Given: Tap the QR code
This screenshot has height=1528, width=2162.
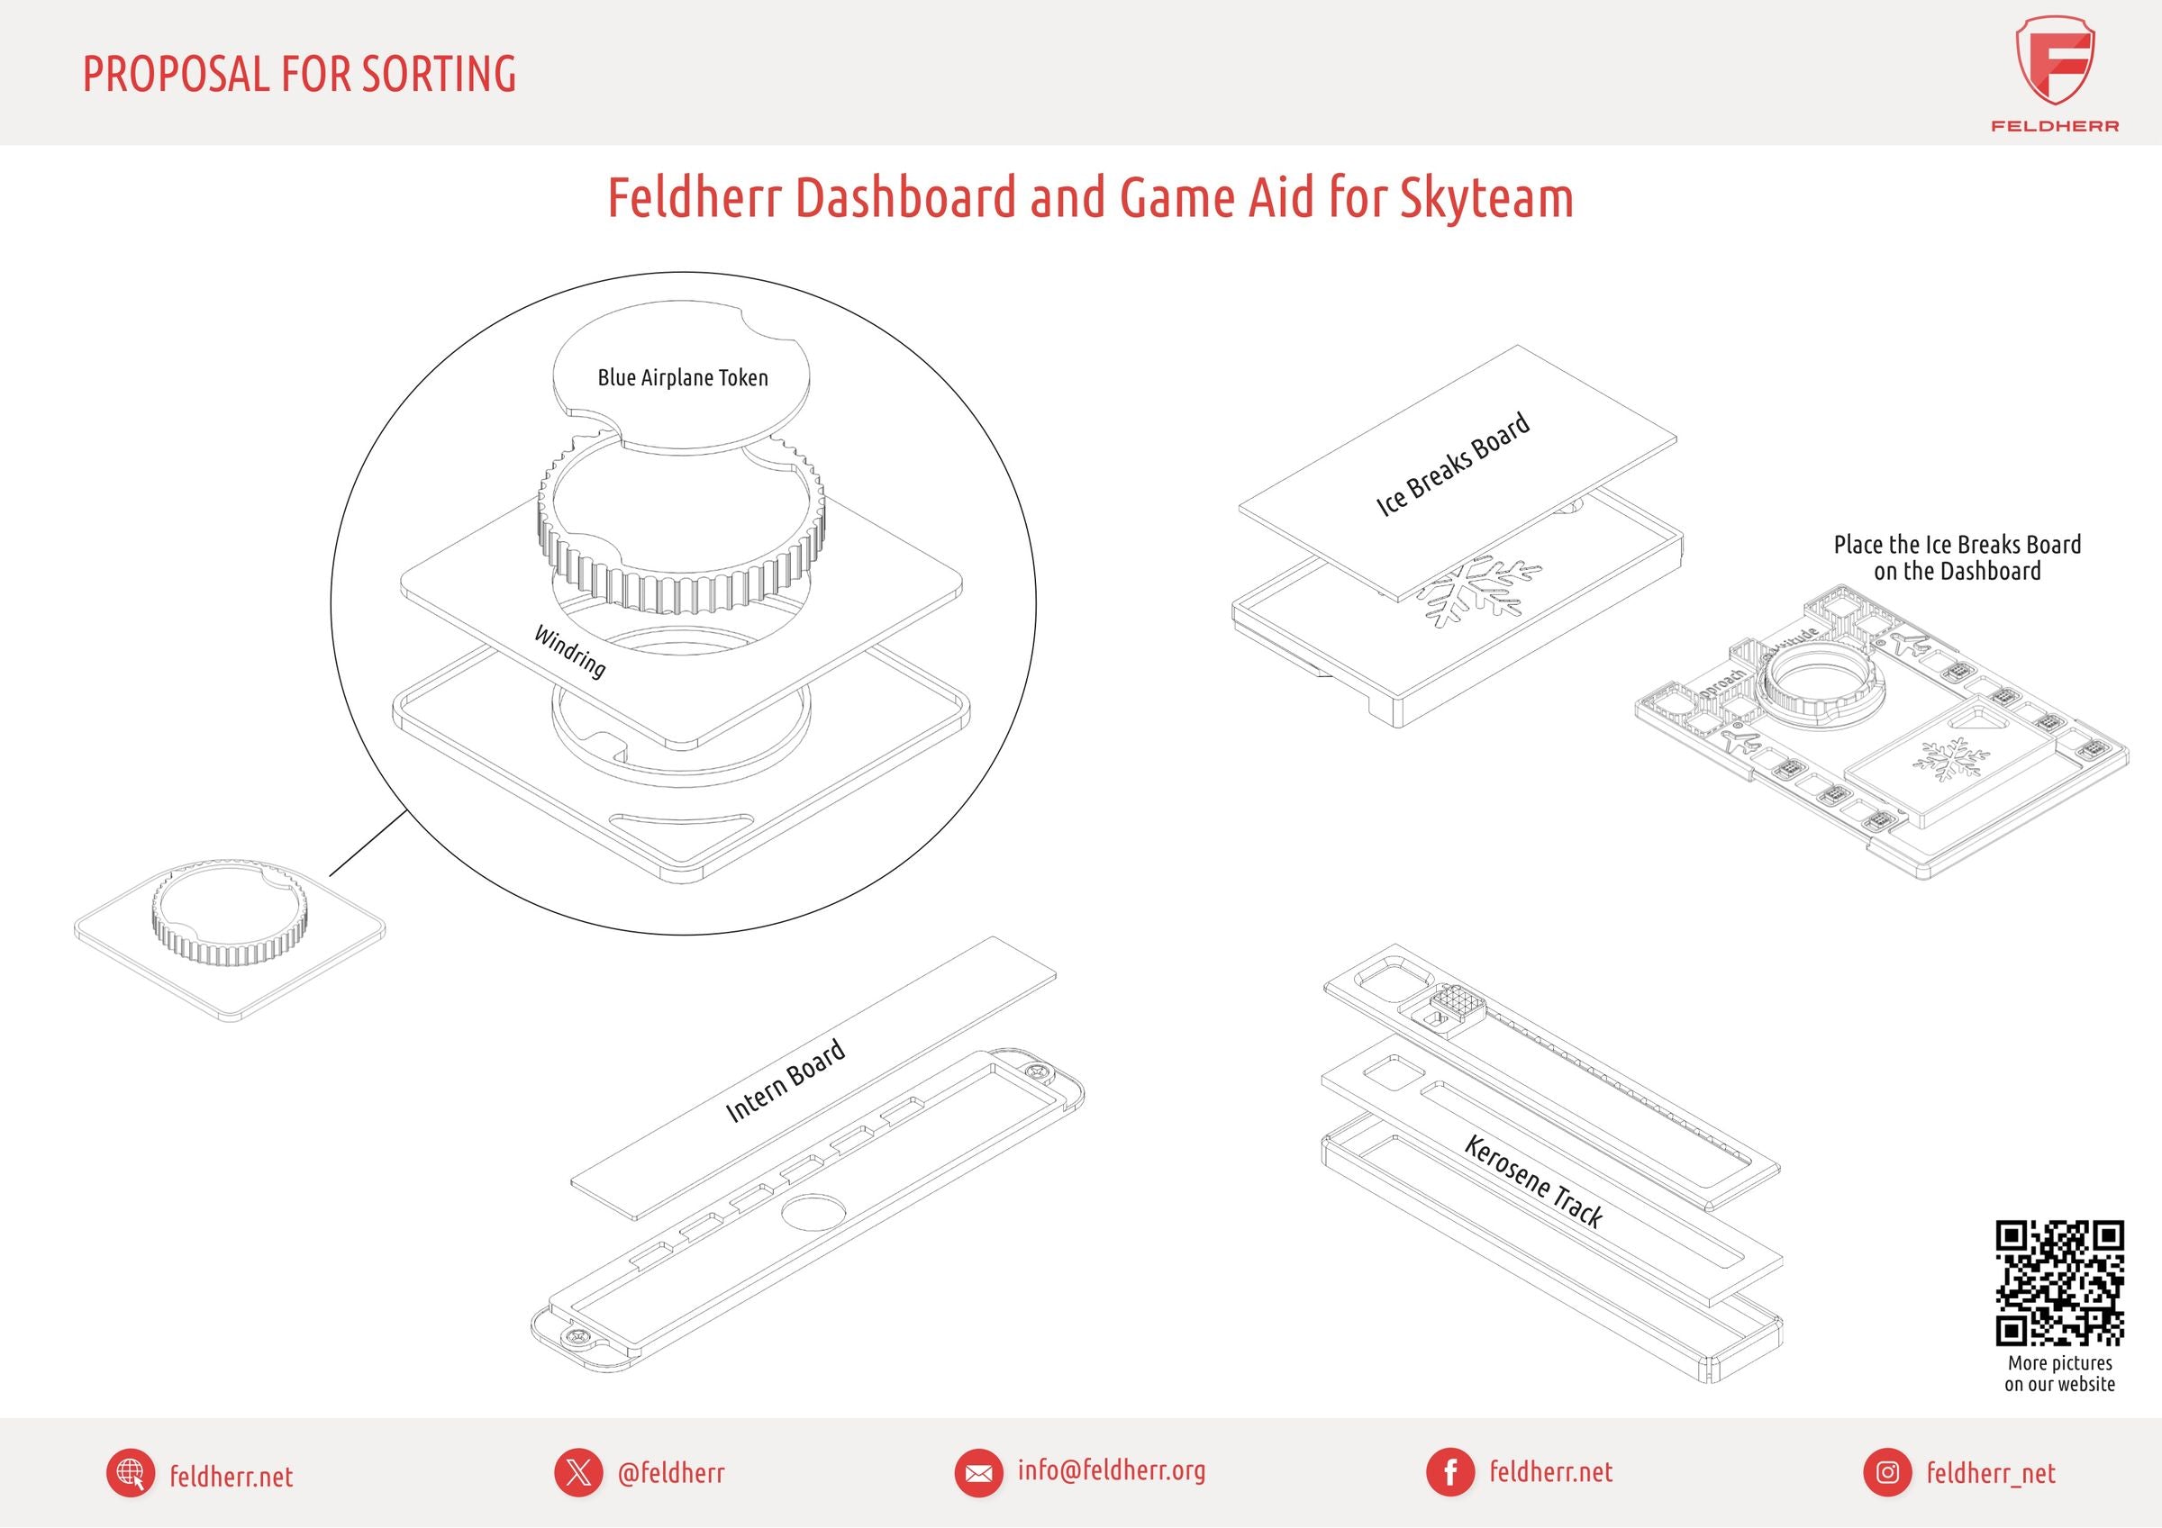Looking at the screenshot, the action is tap(2059, 1283).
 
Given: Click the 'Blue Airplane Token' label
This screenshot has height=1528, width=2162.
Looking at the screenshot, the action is tap(683, 378).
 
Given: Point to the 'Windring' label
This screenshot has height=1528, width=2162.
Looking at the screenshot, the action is tap(569, 652).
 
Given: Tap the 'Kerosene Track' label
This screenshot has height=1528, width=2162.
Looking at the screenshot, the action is tap(1533, 1181).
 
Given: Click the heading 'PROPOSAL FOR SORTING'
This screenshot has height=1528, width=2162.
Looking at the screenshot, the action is tap(299, 75).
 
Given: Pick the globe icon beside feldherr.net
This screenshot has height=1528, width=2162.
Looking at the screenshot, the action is tap(131, 1473).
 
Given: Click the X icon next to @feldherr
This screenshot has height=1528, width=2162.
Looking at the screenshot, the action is tap(578, 1472).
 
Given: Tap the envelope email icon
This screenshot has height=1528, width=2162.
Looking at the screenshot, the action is tap(978, 1473).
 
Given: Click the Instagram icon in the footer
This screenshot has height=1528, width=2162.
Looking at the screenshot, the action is tap(1887, 1472).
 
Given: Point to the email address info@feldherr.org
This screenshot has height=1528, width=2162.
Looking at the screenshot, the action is tap(1111, 1469).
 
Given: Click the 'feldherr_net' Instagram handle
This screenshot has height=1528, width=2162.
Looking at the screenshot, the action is tap(1991, 1473).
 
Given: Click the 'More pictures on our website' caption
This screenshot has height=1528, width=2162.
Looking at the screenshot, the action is tap(2059, 1374).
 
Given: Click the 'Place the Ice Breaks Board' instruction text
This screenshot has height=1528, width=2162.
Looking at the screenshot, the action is tap(1958, 545).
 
